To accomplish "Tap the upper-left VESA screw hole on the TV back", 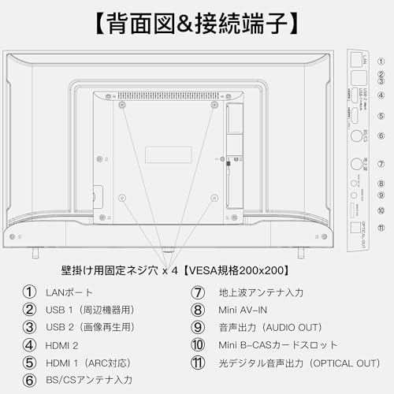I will click(121, 104).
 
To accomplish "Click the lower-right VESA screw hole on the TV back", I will click(214, 197).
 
